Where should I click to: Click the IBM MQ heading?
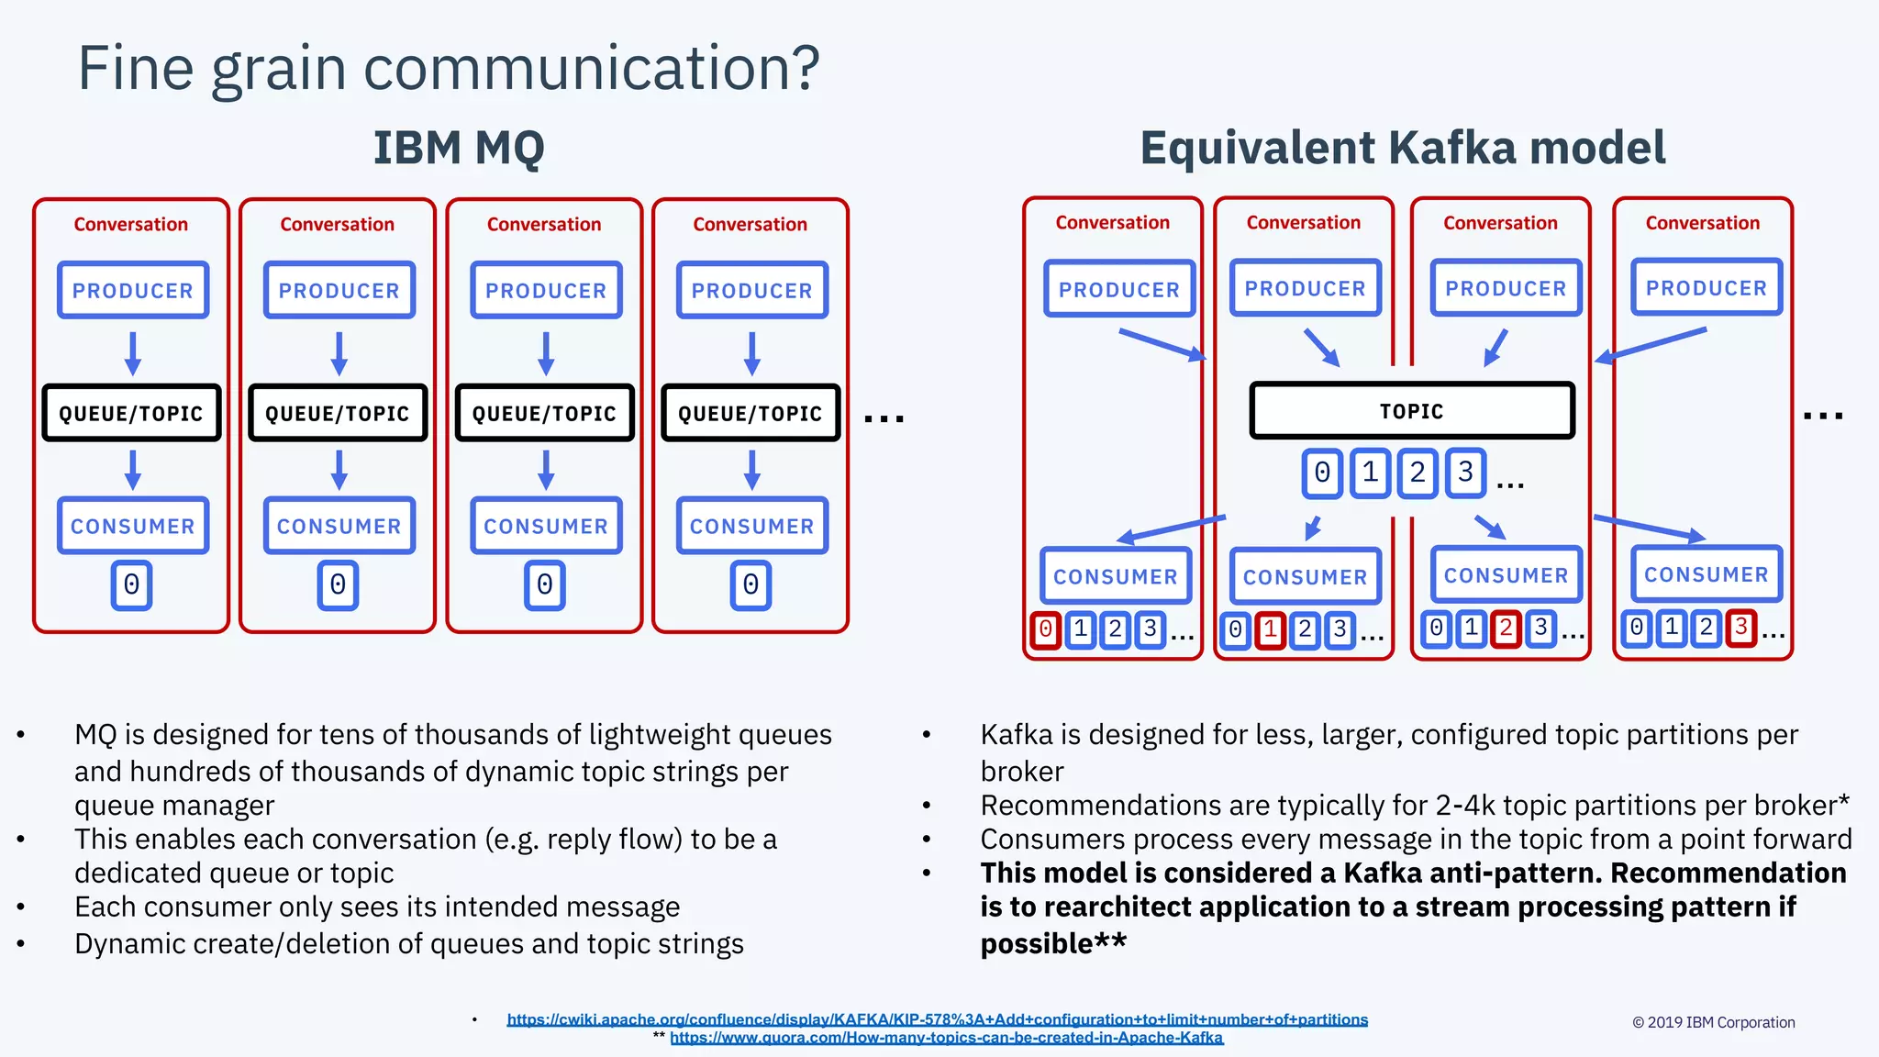point(459,147)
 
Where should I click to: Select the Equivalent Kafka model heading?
point(1402,147)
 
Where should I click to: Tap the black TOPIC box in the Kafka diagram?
point(1412,411)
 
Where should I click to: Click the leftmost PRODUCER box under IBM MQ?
point(133,290)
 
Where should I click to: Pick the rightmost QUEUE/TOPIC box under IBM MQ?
point(750,413)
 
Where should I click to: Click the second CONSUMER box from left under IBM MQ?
point(339,526)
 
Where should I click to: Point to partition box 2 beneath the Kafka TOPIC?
point(1418,473)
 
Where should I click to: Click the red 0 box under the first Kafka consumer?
point(1045,629)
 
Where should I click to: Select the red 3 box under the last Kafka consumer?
point(1740,628)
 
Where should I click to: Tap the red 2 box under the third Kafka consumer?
point(1506,629)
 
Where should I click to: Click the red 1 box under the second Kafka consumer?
point(1270,630)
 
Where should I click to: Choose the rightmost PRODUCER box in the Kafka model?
point(1707,287)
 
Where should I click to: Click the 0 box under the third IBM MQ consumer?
point(545,585)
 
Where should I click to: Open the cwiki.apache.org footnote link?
point(937,1019)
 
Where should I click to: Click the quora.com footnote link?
point(946,1038)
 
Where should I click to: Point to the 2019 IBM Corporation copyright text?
point(1713,1022)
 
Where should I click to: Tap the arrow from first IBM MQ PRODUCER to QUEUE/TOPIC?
point(133,353)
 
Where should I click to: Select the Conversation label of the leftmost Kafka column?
point(1112,222)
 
